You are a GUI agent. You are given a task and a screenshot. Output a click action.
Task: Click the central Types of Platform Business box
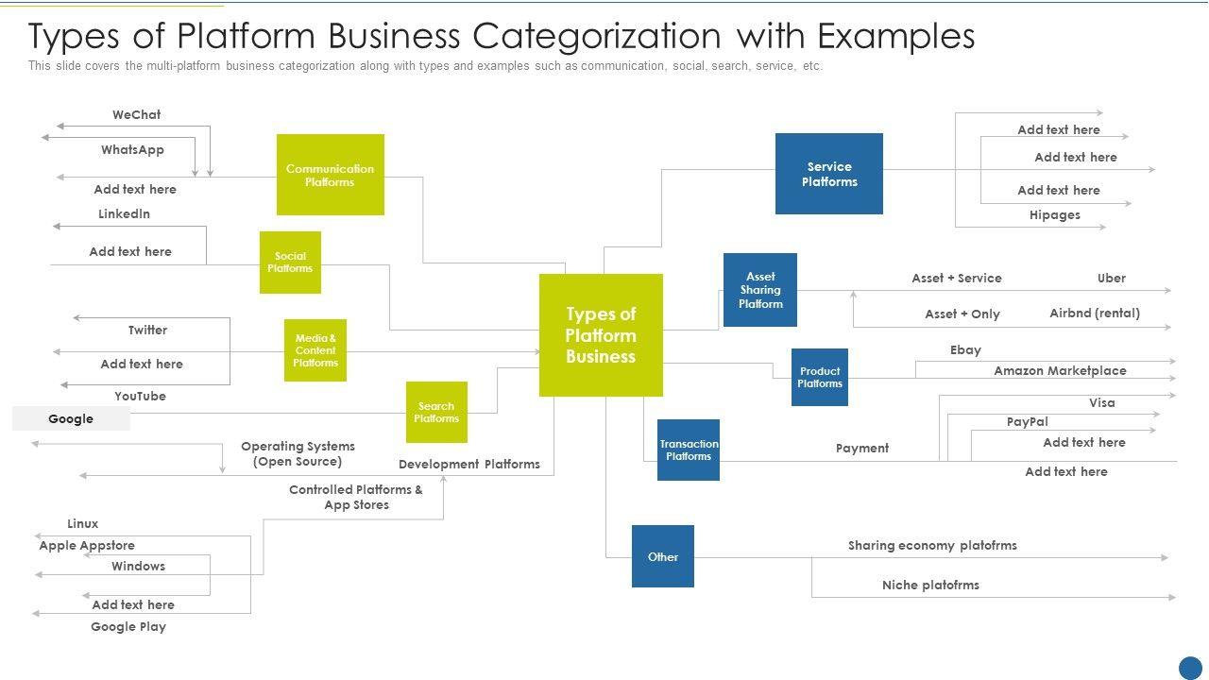click(x=601, y=335)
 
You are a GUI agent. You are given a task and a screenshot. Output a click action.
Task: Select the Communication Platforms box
click(x=331, y=175)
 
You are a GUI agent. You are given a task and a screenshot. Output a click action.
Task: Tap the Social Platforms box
click(x=290, y=263)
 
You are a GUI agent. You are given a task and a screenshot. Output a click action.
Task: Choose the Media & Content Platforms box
click(x=315, y=350)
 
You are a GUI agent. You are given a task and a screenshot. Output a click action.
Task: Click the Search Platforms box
click(x=436, y=413)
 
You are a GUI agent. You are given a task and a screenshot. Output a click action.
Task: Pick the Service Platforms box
click(x=829, y=174)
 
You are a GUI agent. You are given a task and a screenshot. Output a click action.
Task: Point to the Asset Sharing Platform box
click(x=760, y=290)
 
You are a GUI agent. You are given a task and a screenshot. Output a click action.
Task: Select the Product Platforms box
click(x=819, y=377)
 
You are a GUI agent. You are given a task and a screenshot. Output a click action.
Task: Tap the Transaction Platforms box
click(x=689, y=450)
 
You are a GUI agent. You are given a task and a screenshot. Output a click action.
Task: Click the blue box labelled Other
click(x=663, y=556)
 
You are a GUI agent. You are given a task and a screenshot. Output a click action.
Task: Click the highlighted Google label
click(x=71, y=418)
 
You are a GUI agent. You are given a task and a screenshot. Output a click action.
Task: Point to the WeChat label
click(x=137, y=114)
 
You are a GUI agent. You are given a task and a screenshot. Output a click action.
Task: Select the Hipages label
click(x=1055, y=214)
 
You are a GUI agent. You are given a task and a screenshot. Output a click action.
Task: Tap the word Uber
click(x=1112, y=278)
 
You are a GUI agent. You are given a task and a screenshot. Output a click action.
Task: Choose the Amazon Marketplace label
click(x=1060, y=371)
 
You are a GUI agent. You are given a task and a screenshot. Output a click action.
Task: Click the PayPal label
click(x=1027, y=421)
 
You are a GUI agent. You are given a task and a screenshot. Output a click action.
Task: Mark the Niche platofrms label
click(x=930, y=585)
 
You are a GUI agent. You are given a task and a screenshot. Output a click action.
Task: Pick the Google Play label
click(x=128, y=626)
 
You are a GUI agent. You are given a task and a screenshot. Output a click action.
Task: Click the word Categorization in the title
click(x=596, y=36)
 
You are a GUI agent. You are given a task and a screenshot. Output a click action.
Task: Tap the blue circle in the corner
click(x=1190, y=668)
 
